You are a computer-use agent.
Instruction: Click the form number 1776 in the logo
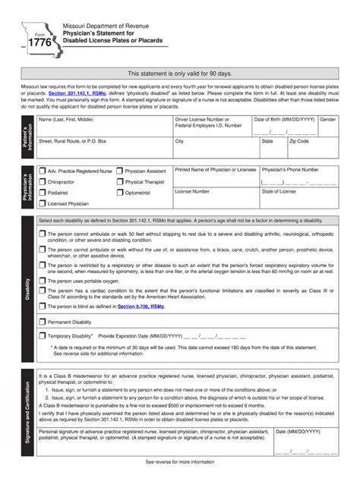(x=39, y=44)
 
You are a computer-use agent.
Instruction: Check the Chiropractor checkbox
(x=43, y=182)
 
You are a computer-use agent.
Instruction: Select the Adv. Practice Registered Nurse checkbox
(x=43, y=171)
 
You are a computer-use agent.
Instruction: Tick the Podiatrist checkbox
(x=43, y=193)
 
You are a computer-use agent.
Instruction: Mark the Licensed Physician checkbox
(x=43, y=203)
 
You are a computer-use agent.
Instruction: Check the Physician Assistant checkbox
(x=120, y=171)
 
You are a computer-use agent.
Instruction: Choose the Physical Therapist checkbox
(x=120, y=182)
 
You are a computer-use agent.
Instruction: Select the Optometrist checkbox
(x=120, y=193)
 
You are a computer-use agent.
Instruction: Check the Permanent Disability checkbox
(x=43, y=322)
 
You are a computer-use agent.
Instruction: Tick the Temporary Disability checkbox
(x=43, y=335)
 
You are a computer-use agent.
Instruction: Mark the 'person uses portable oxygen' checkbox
(x=43, y=281)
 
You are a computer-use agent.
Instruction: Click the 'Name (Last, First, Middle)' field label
(x=66, y=120)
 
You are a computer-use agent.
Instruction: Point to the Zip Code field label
(x=298, y=141)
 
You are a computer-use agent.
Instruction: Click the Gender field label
(x=328, y=120)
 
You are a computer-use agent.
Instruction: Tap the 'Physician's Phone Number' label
(x=291, y=170)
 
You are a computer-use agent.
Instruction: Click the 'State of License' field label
(x=279, y=191)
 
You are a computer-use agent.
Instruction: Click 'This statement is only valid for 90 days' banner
(x=180, y=74)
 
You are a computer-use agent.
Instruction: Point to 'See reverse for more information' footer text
(x=180, y=461)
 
